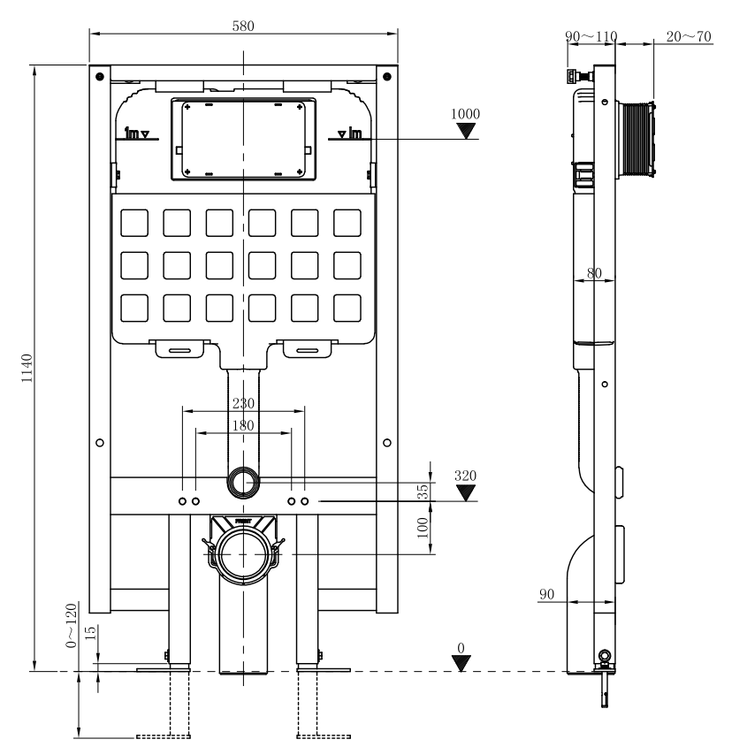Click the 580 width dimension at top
pyautogui.click(x=242, y=27)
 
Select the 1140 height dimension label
pyautogui.click(x=27, y=369)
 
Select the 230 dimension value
pyautogui.click(x=242, y=403)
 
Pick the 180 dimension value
pyautogui.click(x=242, y=425)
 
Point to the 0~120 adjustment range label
pyautogui.click(x=72, y=626)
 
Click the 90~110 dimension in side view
pyautogui.click(x=591, y=36)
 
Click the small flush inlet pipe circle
pyautogui.click(x=243, y=482)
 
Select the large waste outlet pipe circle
pyautogui.click(x=243, y=553)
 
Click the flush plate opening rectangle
pyautogui.click(x=242, y=138)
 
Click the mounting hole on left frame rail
pyautogui.click(x=99, y=441)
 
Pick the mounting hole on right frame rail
pyautogui.click(x=387, y=441)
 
